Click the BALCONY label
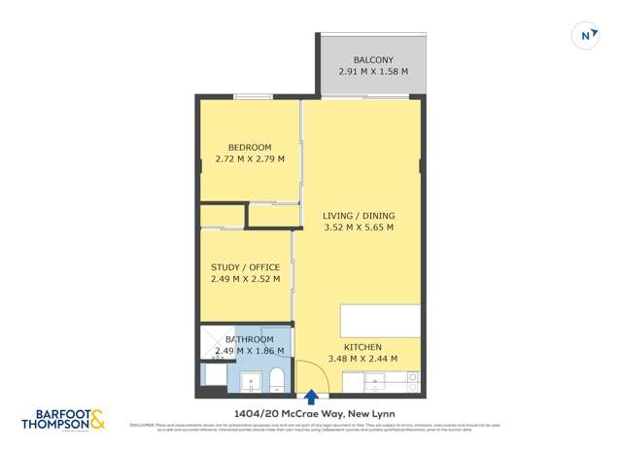(373, 59)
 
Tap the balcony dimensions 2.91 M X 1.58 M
(373, 72)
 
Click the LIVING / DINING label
(359, 216)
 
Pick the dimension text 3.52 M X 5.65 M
(359, 228)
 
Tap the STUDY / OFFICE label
(245, 267)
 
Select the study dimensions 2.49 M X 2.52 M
(245, 280)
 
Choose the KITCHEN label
(362, 347)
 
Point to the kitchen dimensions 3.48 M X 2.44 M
(362, 360)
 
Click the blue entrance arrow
(311, 397)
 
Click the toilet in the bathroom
(276, 378)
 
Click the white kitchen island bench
(380, 321)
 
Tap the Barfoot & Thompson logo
(62, 417)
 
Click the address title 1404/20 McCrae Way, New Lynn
(311, 412)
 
